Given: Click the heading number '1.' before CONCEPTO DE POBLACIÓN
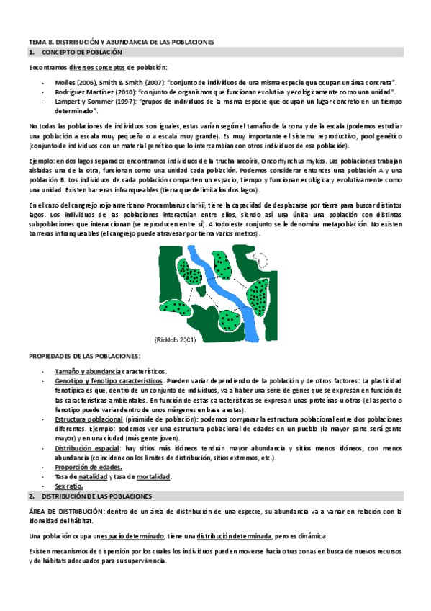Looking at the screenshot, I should (x=31, y=53).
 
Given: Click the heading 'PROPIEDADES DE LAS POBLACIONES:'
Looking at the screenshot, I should (x=84, y=357).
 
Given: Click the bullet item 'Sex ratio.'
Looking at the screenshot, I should (x=70, y=487).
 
